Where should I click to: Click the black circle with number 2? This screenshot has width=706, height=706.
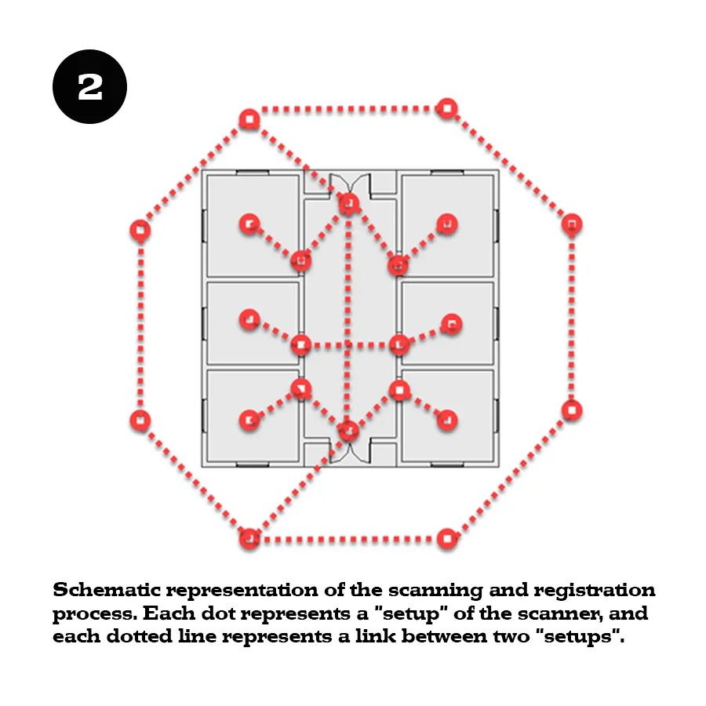coord(89,86)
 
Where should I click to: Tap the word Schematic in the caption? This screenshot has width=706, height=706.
coord(106,590)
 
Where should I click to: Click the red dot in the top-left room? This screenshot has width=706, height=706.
coord(249,224)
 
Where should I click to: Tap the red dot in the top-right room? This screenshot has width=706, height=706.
coord(447,224)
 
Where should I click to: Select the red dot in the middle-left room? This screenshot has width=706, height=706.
coord(249,319)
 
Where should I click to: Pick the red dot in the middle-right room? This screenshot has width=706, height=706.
coord(452,324)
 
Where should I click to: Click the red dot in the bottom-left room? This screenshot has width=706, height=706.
coord(249,420)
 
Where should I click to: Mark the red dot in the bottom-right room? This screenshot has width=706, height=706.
coord(447,420)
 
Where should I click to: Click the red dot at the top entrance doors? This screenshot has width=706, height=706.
coord(348,203)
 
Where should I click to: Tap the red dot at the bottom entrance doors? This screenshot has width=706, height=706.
coord(348,431)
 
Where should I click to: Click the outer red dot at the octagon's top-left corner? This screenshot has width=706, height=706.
coord(249,120)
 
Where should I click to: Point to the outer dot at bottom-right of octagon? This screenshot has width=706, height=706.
coord(447,539)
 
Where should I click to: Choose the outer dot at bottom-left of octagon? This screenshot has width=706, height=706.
coord(249,538)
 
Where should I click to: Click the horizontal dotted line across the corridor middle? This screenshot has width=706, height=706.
coord(350,345)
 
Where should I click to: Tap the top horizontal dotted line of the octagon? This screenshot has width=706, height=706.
coord(348,109)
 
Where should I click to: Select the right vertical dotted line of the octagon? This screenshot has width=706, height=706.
coord(572,318)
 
